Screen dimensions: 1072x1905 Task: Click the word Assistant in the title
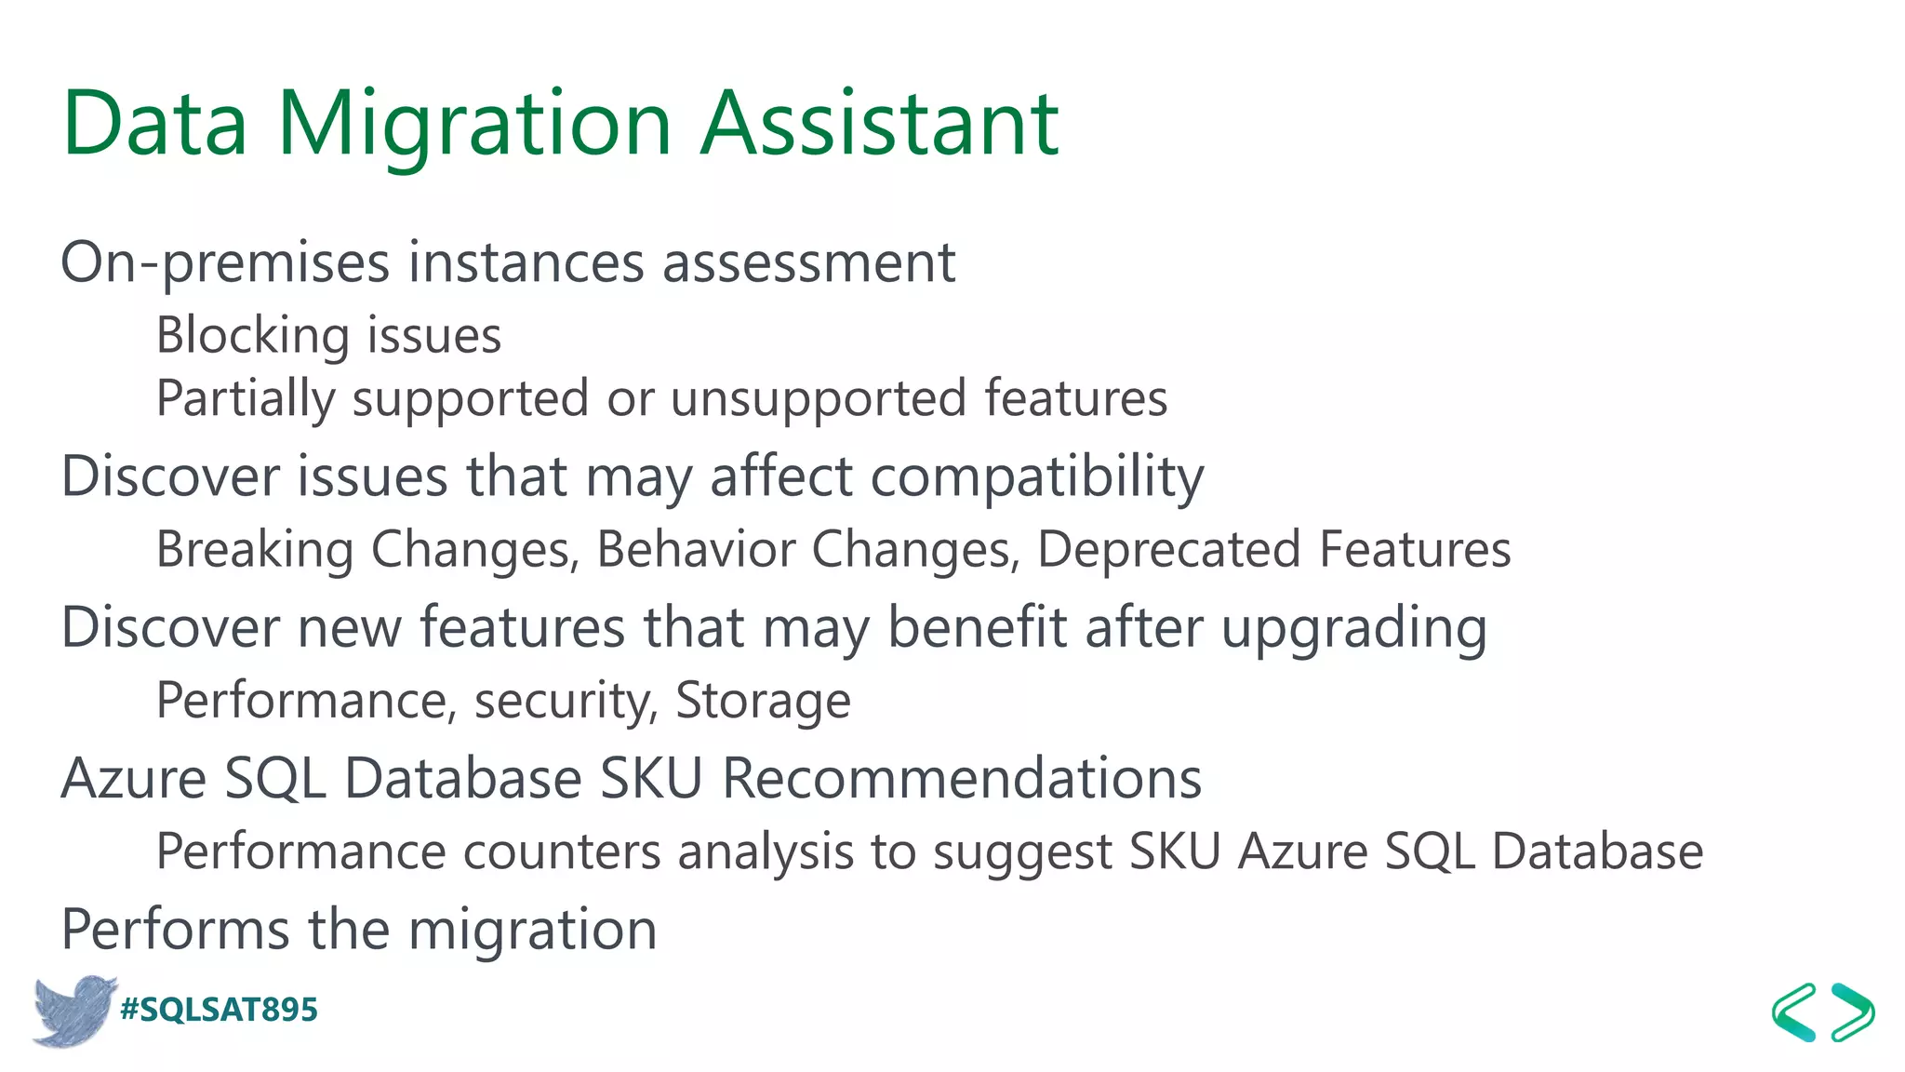[880, 123]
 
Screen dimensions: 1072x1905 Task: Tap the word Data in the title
[154, 123]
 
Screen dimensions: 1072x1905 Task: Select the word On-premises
[224, 262]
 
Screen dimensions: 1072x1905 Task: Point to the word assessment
[808, 262]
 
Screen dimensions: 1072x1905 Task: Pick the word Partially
[245, 399]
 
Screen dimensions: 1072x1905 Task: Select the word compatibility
[1037, 477]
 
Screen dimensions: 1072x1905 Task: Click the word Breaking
[254, 549]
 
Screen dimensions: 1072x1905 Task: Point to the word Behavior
[696, 549]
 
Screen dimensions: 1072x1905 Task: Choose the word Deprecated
[1168, 549]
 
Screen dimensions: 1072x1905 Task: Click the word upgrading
[1353, 628]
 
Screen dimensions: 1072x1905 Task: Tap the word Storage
[763, 701]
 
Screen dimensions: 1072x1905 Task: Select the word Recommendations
[962, 778]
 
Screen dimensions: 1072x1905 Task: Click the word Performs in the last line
[175, 930]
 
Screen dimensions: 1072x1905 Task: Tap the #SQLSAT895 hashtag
[220, 1010]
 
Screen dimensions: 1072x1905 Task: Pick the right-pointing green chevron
[1853, 1012]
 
